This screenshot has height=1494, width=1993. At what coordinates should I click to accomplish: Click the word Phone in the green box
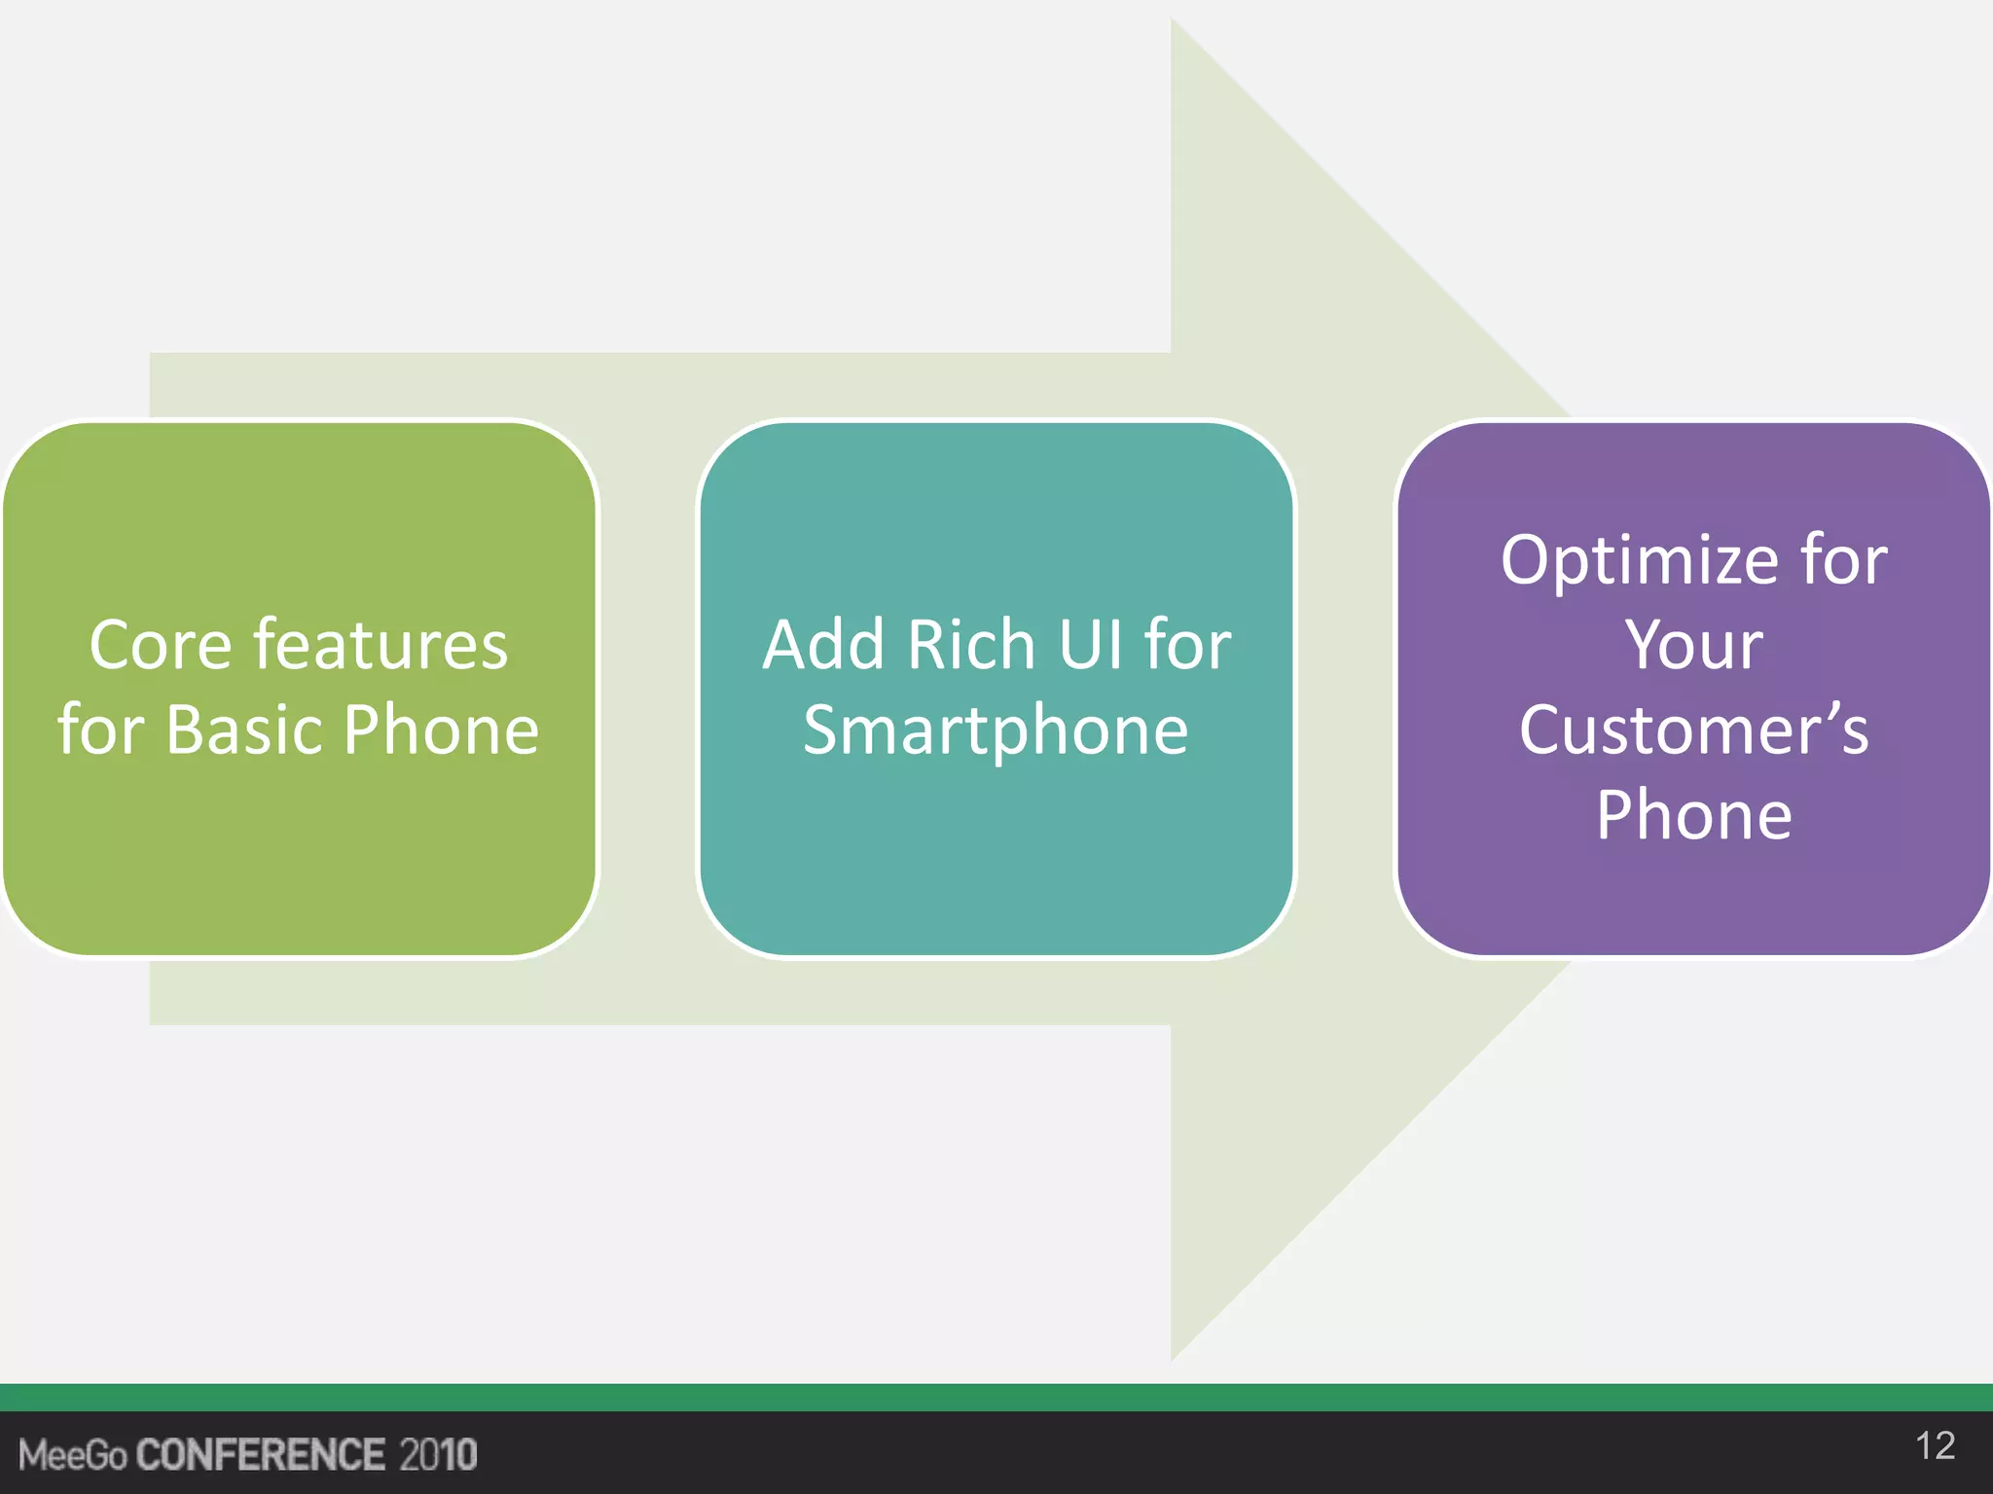click(441, 730)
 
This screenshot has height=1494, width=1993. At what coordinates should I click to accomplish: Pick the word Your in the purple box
click(1694, 646)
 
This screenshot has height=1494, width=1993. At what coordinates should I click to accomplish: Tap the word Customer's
click(1694, 730)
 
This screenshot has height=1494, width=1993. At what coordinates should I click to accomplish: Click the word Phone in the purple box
click(1694, 815)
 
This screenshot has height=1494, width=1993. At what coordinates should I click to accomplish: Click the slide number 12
click(1935, 1446)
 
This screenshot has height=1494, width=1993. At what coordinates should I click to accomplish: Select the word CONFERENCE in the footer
click(261, 1455)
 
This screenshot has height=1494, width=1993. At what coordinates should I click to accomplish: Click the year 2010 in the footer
click(438, 1455)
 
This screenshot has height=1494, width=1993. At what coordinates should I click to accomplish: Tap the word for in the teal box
click(1188, 646)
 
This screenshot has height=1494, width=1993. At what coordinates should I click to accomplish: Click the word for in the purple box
click(1844, 562)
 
